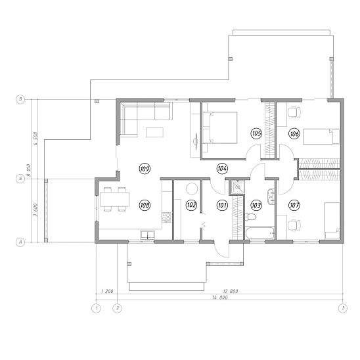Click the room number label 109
[x=145, y=169]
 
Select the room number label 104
[x=222, y=169]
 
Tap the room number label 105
[x=256, y=133]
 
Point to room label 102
[x=191, y=205]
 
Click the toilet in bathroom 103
[x=250, y=217]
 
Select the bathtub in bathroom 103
[x=260, y=233]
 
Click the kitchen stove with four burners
[x=166, y=217]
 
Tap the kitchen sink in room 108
[x=147, y=235]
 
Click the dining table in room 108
[x=114, y=199]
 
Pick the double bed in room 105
[x=219, y=127]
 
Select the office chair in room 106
[x=294, y=112]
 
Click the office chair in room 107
[x=294, y=226]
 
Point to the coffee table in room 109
[x=154, y=132]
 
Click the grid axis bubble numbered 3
[x=343, y=308]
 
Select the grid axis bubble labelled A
[x=20, y=242]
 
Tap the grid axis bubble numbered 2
[x=118, y=308]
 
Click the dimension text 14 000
[x=220, y=298]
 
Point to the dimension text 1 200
[x=107, y=292]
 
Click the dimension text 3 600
[x=35, y=210]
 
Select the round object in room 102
[x=191, y=189]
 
